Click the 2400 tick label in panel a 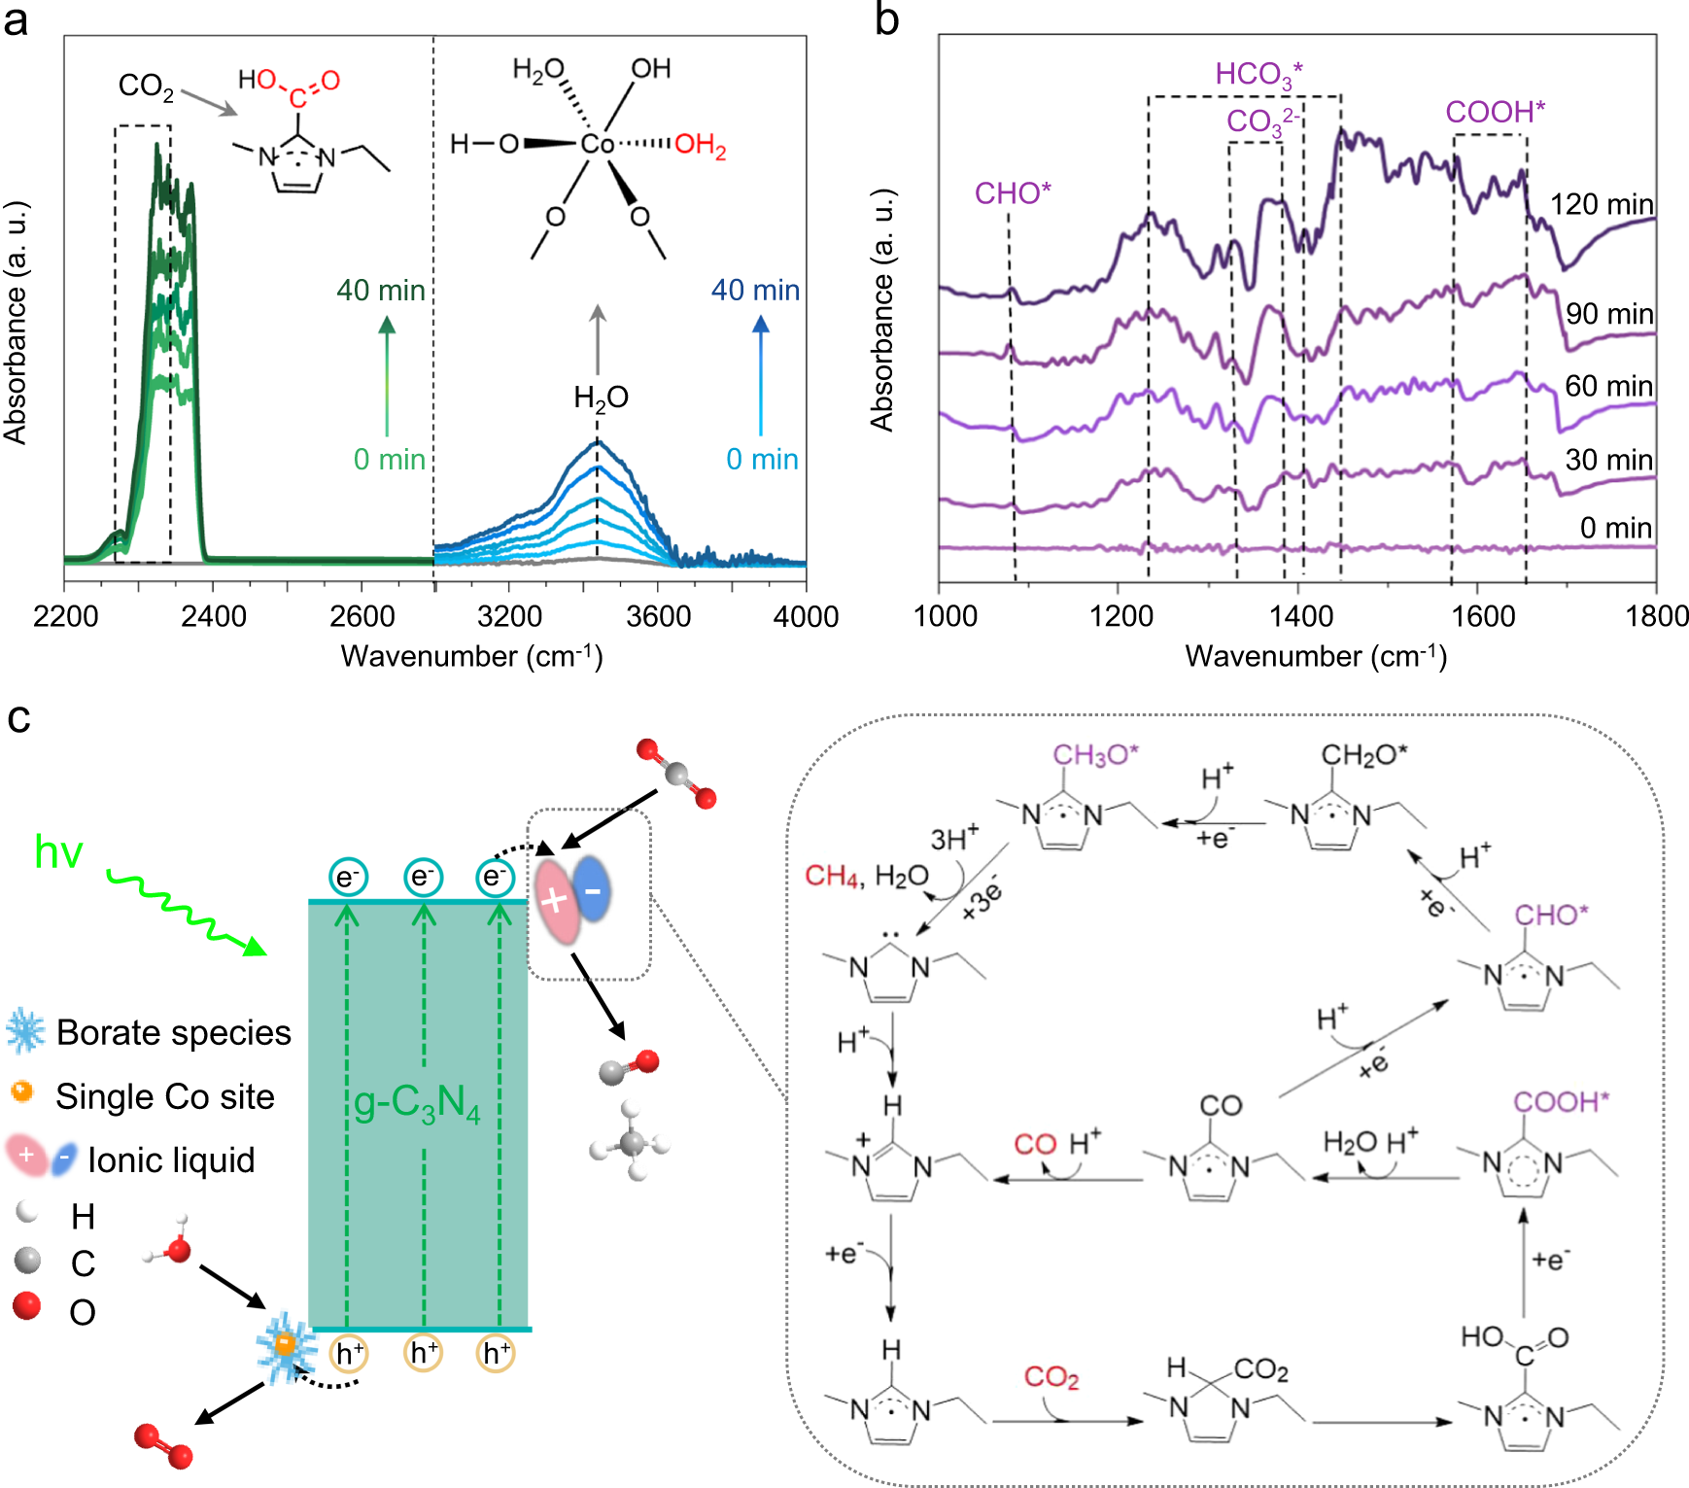click(214, 616)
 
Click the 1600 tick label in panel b click(1482, 616)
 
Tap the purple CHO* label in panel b click(1013, 193)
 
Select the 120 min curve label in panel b click(1601, 204)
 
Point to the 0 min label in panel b click(1615, 528)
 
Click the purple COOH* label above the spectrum click(1495, 112)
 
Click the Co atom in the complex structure click(597, 145)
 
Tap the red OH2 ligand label click(701, 146)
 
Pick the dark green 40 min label click(381, 291)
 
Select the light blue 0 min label click(762, 460)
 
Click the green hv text click(58, 852)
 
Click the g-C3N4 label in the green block click(417, 1103)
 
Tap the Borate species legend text click(173, 1032)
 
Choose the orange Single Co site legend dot click(21, 1092)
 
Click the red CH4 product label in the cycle click(832, 876)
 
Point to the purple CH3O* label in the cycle click(1094, 755)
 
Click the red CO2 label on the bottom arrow click(1051, 1377)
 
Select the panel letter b click(886, 21)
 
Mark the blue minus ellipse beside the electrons click(592, 889)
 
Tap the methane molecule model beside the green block click(632, 1142)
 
